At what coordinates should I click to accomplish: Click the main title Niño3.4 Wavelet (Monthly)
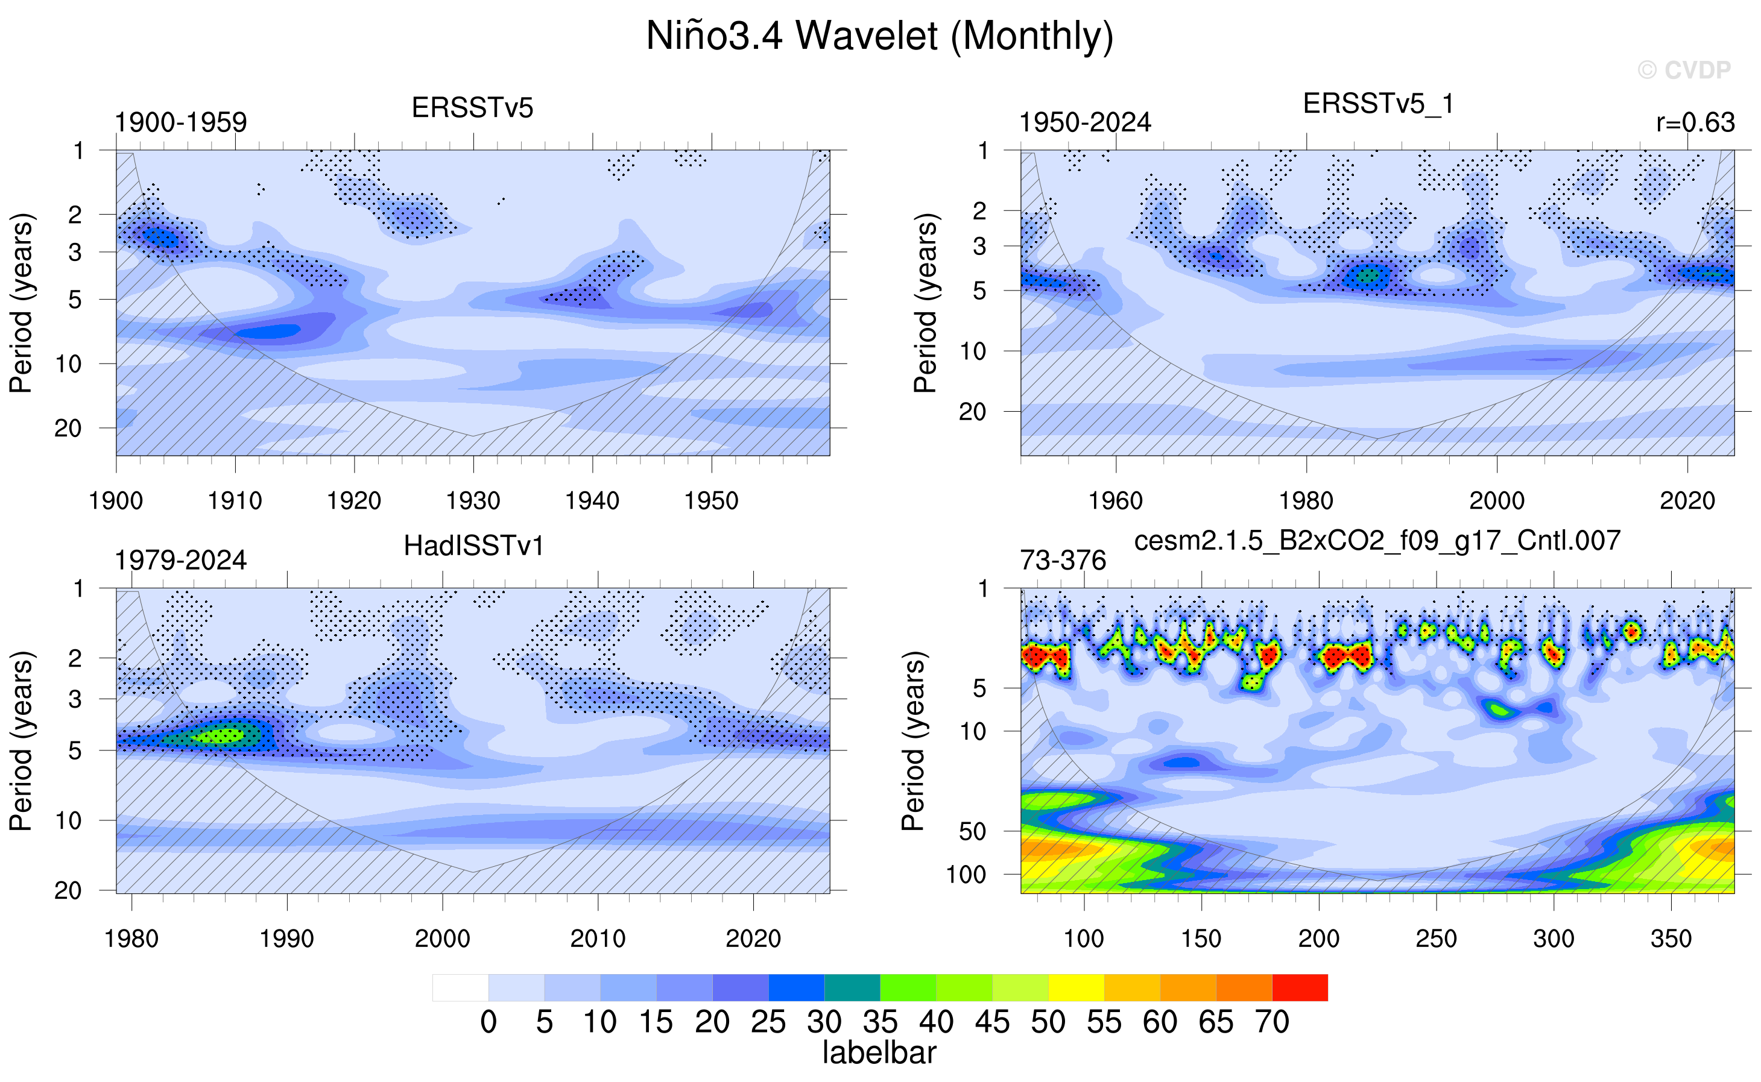click(880, 36)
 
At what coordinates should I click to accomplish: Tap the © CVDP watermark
click(1684, 69)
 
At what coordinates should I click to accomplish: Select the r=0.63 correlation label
click(1695, 122)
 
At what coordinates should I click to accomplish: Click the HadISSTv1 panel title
click(473, 546)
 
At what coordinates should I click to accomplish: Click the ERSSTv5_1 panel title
click(1377, 104)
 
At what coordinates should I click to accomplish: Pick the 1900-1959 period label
click(180, 122)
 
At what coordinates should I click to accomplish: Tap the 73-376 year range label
click(1063, 561)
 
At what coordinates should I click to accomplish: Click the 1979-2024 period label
click(180, 561)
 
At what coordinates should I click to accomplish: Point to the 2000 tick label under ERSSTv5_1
click(1497, 500)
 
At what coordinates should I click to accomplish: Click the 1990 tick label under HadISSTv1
click(286, 938)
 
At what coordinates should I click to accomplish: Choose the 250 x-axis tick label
click(1436, 938)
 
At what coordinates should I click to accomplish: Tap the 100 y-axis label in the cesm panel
click(966, 875)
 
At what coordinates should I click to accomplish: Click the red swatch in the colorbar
click(1300, 987)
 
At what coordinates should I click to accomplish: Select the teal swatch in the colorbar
click(852, 987)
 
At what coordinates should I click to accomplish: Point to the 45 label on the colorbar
click(992, 1022)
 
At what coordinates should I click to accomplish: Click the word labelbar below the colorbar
click(879, 1052)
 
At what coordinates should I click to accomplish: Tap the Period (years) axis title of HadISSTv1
click(21, 741)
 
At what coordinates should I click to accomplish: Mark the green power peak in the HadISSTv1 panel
click(219, 735)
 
